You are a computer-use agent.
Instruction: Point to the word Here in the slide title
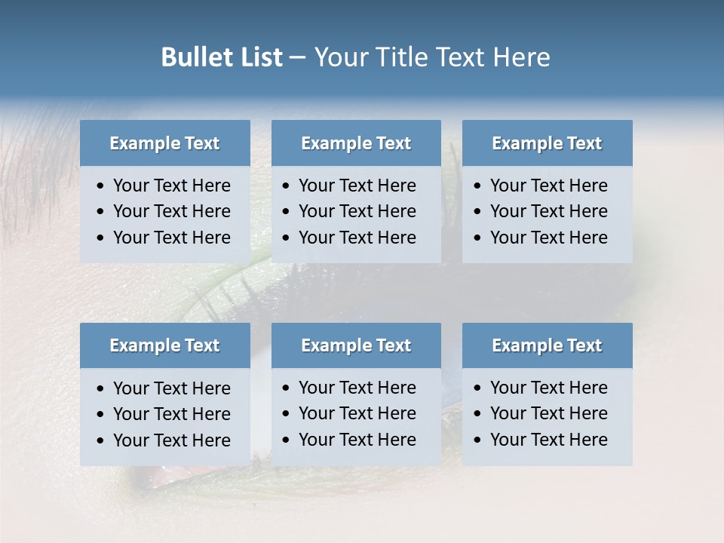pyautogui.click(x=521, y=57)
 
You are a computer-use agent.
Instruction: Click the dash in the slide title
pyautogui.click(x=298, y=58)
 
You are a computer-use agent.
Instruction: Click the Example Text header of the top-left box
pyautogui.click(x=164, y=143)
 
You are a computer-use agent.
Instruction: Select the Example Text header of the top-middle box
pyautogui.click(x=356, y=143)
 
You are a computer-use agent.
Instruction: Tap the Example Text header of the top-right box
pyautogui.click(x=547, y=143)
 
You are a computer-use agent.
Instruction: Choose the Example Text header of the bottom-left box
pyautogui.click(x=164, y=345)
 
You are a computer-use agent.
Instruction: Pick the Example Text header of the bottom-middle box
pyautogui.click(x=356, y=345)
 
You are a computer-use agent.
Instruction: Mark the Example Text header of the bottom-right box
pyautogui.click(x=547, y=345)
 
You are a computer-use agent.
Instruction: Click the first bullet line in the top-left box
pyautogui.click(x=171, y=186)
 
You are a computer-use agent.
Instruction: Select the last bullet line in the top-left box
pyautogui.click(x=171, y=238)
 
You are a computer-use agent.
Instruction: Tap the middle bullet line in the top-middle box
pyautogui.click(x=357, y=211)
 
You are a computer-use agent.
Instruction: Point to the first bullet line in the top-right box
pyautogui.click(x=548, y=186)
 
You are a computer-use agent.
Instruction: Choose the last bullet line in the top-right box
pyautogui.click(x=548, y=238)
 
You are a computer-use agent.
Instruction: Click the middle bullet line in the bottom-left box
pyautogui.click(x=171, y=414)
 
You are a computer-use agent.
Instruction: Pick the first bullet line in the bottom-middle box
pyautogui.click(x=357, y=388)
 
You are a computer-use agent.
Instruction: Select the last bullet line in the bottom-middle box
pyautogui.click(x=357, y=440)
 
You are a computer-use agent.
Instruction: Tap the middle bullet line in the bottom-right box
pyautogui.click(x=548, y=413)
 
